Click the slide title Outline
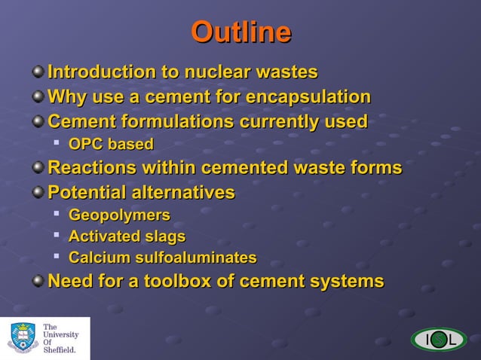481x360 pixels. click(240, 32)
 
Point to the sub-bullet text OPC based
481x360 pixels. click(111, 144)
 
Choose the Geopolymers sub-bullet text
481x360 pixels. click(119, 215)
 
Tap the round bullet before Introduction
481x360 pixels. click(38, 72)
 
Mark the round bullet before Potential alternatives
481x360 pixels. click(38, 192)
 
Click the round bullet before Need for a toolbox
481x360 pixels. click(38, 282)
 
